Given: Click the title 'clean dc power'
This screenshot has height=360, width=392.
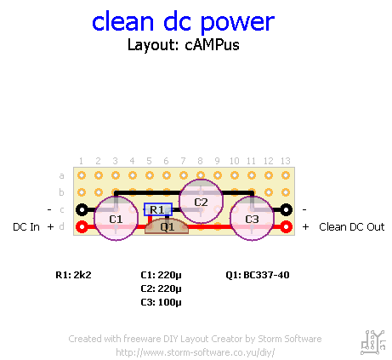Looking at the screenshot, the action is (183, 22).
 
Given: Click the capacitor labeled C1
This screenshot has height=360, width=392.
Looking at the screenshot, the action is (116, 219).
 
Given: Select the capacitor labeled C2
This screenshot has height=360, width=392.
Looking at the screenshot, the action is (201, 202).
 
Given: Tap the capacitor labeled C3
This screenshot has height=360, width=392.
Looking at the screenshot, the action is (252, 219).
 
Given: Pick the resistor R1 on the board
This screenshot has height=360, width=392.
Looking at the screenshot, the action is (158, 209).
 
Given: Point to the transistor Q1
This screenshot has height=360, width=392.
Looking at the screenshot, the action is (167, 226).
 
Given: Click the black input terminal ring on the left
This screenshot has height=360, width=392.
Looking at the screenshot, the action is (82, 210).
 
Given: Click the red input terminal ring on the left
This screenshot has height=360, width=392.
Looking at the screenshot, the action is (82, 227).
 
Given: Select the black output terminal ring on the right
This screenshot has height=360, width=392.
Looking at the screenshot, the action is (286, 210).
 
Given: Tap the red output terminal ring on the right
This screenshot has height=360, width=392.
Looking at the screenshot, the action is (286, 227).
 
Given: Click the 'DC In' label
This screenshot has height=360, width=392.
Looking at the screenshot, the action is (26, 227).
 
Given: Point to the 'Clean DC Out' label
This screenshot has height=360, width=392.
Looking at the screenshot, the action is (352, 227).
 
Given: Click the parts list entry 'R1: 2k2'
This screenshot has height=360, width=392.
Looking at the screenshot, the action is (73, 275).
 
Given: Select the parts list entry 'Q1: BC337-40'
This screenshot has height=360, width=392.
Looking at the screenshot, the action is (258, 275).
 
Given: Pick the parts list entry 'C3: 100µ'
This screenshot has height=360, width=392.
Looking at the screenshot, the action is (161, 302).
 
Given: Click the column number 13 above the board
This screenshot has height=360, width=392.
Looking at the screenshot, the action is (286, 161).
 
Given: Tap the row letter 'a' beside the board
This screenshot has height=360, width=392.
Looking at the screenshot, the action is (61, 176).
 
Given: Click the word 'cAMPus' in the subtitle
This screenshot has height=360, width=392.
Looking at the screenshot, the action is (212, 45).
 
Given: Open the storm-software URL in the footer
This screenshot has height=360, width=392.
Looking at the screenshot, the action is (196, 352).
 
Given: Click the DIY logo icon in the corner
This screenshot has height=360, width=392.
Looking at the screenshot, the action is (373, 342).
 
